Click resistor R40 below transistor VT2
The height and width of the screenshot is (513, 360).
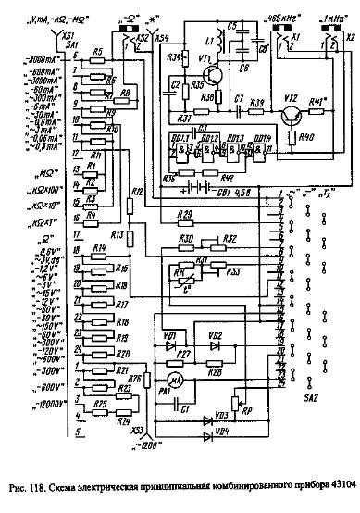tap(292, 141)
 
